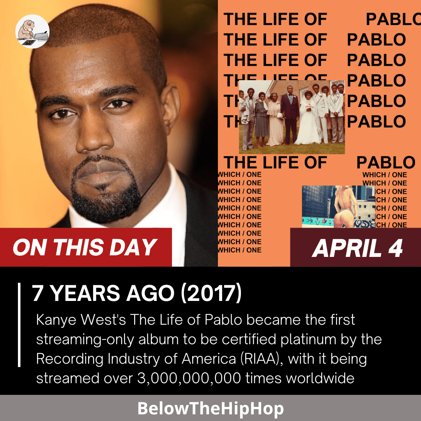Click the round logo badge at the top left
32,32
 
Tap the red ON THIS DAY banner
85,247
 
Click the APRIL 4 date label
357,248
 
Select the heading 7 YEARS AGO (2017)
136,293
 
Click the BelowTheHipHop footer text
210,409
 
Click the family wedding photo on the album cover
292,117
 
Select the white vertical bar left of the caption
19,325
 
